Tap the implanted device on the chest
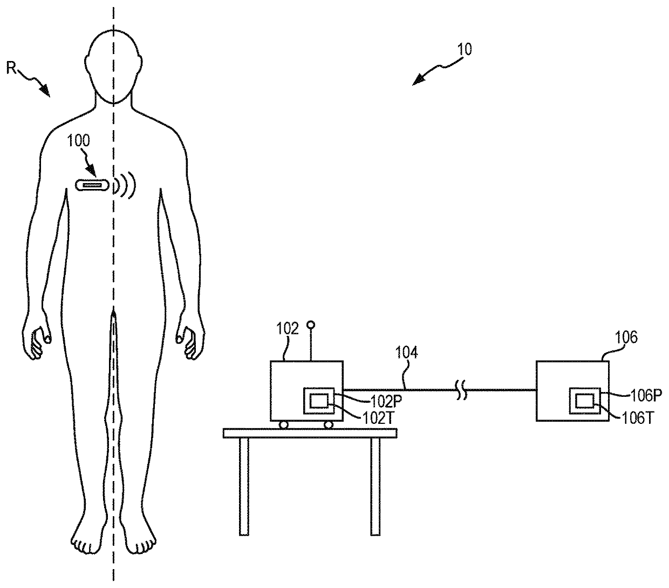pyautogui.click(x=92, y=185)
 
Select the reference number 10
pyautogui.click(x=465, y=49)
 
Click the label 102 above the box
pyautogui.click(x=287, y=329)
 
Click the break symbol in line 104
pyautogui.click(x=462, y=390)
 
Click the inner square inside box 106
pyautogui.click(x=584, y=401)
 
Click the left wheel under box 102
pyautogui.click(x=283, y=425)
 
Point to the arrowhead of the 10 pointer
pyautogui.click(x=415, y=83)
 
